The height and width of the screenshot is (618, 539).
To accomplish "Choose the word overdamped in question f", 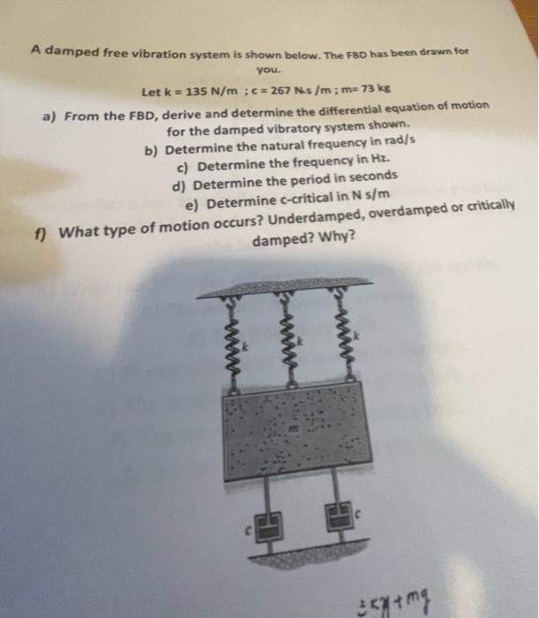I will coord(408,215).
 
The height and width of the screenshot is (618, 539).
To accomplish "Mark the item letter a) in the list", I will coord(52,114).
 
